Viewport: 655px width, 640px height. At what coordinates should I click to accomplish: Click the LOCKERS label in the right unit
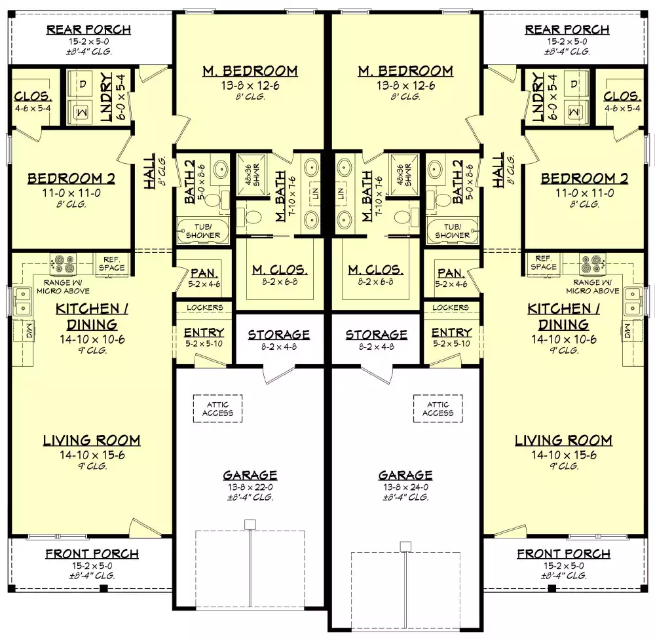pos(451,307)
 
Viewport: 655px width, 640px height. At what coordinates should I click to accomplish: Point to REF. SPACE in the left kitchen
pos(111,263)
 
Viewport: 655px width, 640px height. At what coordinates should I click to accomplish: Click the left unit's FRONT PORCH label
pos(92,554)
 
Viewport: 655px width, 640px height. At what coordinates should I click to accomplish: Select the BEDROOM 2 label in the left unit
pos(71,179)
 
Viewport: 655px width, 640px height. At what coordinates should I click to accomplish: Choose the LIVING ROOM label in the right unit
pos(563,440)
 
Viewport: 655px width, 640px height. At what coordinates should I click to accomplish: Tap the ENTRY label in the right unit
pos(451,333)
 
